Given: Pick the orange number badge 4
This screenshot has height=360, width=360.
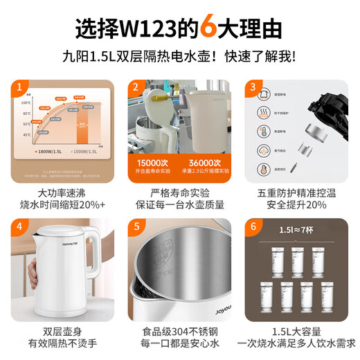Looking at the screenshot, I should click(21, 226).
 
